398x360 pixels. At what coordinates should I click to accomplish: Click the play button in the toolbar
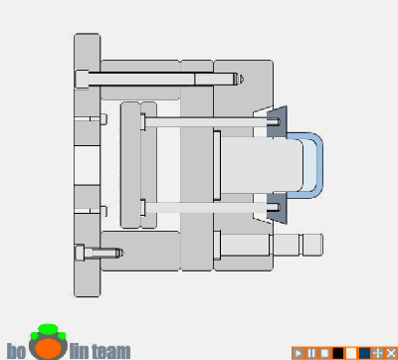click(298, 353)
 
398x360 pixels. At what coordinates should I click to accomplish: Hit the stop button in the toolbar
click(324, 353)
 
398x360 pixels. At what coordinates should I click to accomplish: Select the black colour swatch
click(338, 353)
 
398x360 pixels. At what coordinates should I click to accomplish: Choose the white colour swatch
click(351, 353)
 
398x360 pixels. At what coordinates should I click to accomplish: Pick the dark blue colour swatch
click(365, 353)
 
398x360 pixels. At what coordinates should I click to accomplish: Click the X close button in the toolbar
click(391, 353)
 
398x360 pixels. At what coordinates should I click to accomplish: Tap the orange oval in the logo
click(49, 347)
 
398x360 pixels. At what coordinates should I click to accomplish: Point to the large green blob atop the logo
click(48, 330)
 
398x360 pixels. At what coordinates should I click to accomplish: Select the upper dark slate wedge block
click(278, 122)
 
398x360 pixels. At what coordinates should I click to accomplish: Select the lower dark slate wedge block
click(278, 208)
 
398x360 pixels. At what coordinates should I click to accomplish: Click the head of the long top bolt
click(82, 80)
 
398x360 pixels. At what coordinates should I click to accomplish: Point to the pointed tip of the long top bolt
click(243, 80)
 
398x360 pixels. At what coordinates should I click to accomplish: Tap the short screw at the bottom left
click(99, 254)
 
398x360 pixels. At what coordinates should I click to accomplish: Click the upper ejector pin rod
click(209, 122)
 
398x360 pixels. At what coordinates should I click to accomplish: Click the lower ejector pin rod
click(209, 208)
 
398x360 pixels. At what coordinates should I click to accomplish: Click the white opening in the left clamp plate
click(87, 166)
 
